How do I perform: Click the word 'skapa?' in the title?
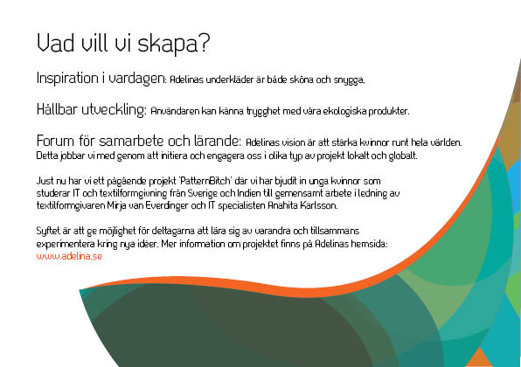174,45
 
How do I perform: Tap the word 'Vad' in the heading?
55,43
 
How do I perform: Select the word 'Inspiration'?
67,78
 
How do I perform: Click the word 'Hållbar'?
57,109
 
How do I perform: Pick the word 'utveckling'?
114,110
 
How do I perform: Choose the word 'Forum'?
55,141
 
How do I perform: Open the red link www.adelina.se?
69,256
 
